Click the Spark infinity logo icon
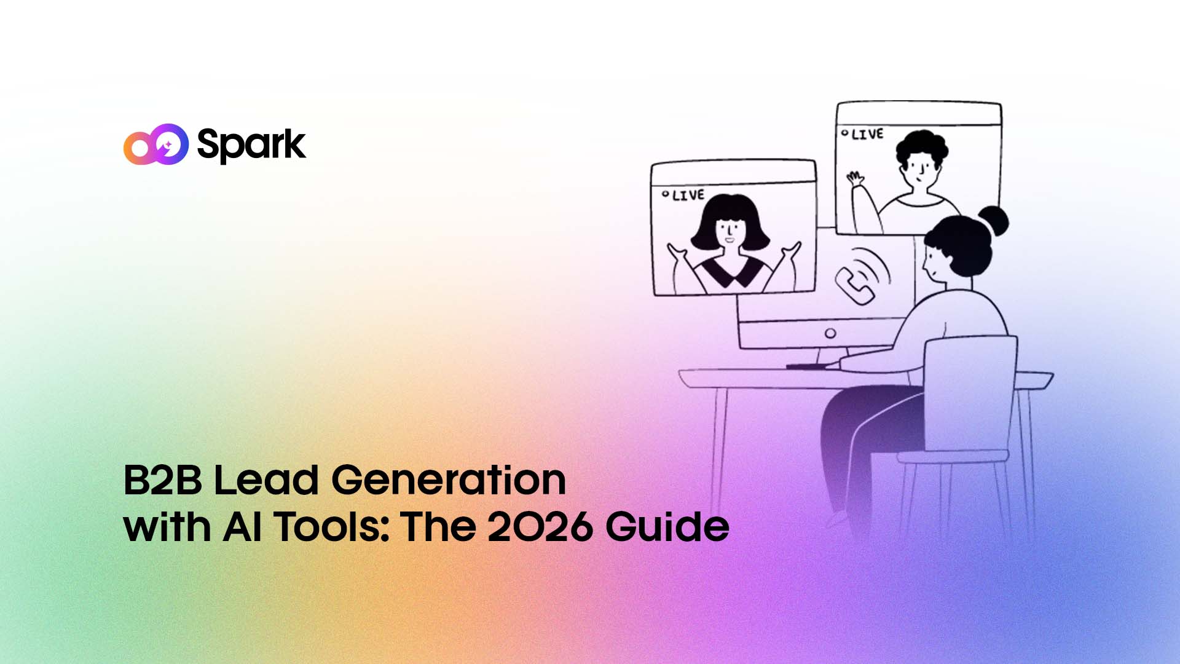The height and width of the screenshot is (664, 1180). (155, 144)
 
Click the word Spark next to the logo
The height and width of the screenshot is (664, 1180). (251, 145)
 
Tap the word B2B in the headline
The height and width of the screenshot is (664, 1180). (162, 480)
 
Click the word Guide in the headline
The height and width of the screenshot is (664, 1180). (667, 527)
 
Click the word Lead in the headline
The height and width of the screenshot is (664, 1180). (265, 480)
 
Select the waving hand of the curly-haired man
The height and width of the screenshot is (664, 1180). (854, 180)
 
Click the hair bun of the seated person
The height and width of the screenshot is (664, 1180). (992, 221)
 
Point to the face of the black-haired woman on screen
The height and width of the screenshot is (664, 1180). (730, 232)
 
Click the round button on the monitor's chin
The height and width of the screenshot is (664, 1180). (830, 333)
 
